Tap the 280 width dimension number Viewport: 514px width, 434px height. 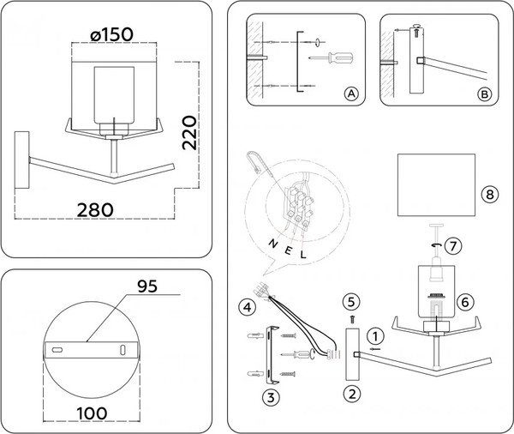[x=95, y=209]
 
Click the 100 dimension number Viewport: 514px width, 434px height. [x=89, y=413]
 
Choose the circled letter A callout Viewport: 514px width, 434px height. [x=350, y=93]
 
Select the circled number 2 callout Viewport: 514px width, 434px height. [x=351, y=394]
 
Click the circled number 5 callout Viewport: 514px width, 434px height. [x=350, y=301]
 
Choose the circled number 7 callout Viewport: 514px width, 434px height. [x=454, y=245]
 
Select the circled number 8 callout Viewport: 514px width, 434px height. [x=488, y=195]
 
